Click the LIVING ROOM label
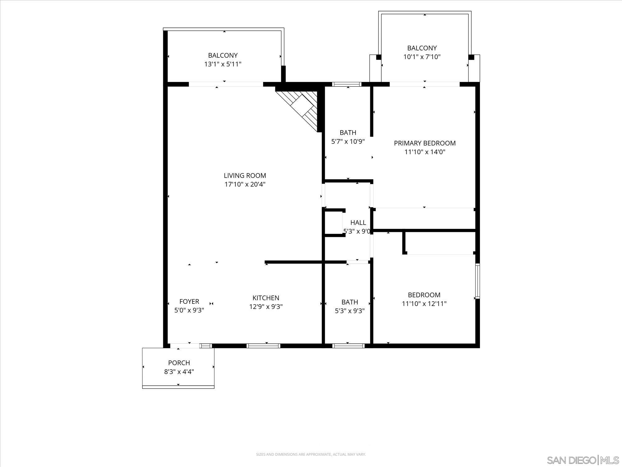pos(245,176)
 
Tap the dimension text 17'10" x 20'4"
pos(245,184)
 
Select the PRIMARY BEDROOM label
pos(425,143)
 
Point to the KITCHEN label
pos(266,298)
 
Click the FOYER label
pos(189,301)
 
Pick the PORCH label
pos(179,363)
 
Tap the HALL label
pos(358,223)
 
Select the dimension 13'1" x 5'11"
pos(223,64)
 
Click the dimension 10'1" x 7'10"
pos(422,57)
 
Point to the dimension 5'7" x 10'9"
pos(348,141)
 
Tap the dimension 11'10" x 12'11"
pos(424,304)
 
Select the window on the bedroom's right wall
pos(477,281)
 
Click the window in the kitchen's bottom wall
pos(263,346)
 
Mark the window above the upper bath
pos(346,84)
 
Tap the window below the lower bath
pos(348,346)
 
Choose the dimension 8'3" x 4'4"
pos(179,371)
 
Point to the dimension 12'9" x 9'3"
pos(266,307)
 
